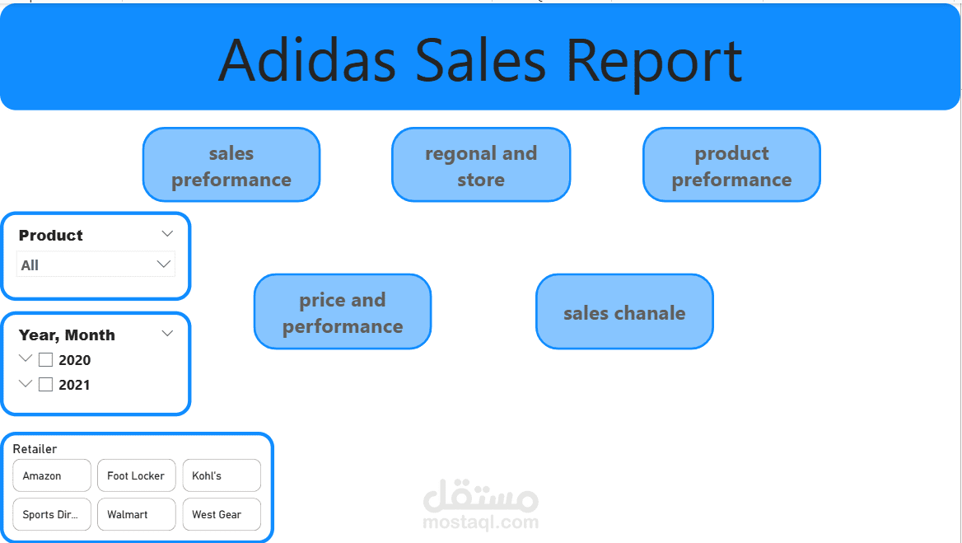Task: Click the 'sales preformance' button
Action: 231,165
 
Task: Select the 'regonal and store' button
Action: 481,165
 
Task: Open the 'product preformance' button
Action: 731,165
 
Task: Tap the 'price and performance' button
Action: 343,311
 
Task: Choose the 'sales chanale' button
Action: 624,311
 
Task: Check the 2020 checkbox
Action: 46,360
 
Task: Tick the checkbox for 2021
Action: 46,385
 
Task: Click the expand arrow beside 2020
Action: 26,359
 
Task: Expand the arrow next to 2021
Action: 26,384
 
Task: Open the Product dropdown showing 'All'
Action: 96,264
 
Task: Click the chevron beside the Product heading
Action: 167,234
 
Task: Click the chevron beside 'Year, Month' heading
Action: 167,334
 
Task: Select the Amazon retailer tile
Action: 52,475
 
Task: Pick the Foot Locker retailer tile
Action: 136,475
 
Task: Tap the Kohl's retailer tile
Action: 221,475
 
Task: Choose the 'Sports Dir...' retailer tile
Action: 52,514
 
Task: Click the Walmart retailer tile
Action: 136,514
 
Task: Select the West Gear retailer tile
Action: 221,514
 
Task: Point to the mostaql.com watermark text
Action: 480,522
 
